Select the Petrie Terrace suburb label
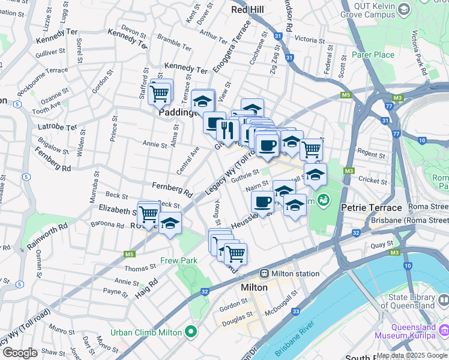pyautogui.click(x=371, y=208)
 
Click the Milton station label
pyautogui.click(x=295, y=274)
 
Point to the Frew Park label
pyautogui.click(x=179, y=261)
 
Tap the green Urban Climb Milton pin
pyautogui.click(x=191, y=331)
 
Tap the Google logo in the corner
pyautogui.click(x=19, y=353)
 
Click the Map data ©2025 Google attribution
pyautogui.click(x=411, y=355)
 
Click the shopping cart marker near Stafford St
pyautogui.click(x=159, y=93)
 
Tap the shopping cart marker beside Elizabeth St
pyautogui.click(x=148, y=214)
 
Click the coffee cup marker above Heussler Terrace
pyautogui.click(x=262, y=203)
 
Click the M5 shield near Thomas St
pyautogui.click(x=129, y=254)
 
